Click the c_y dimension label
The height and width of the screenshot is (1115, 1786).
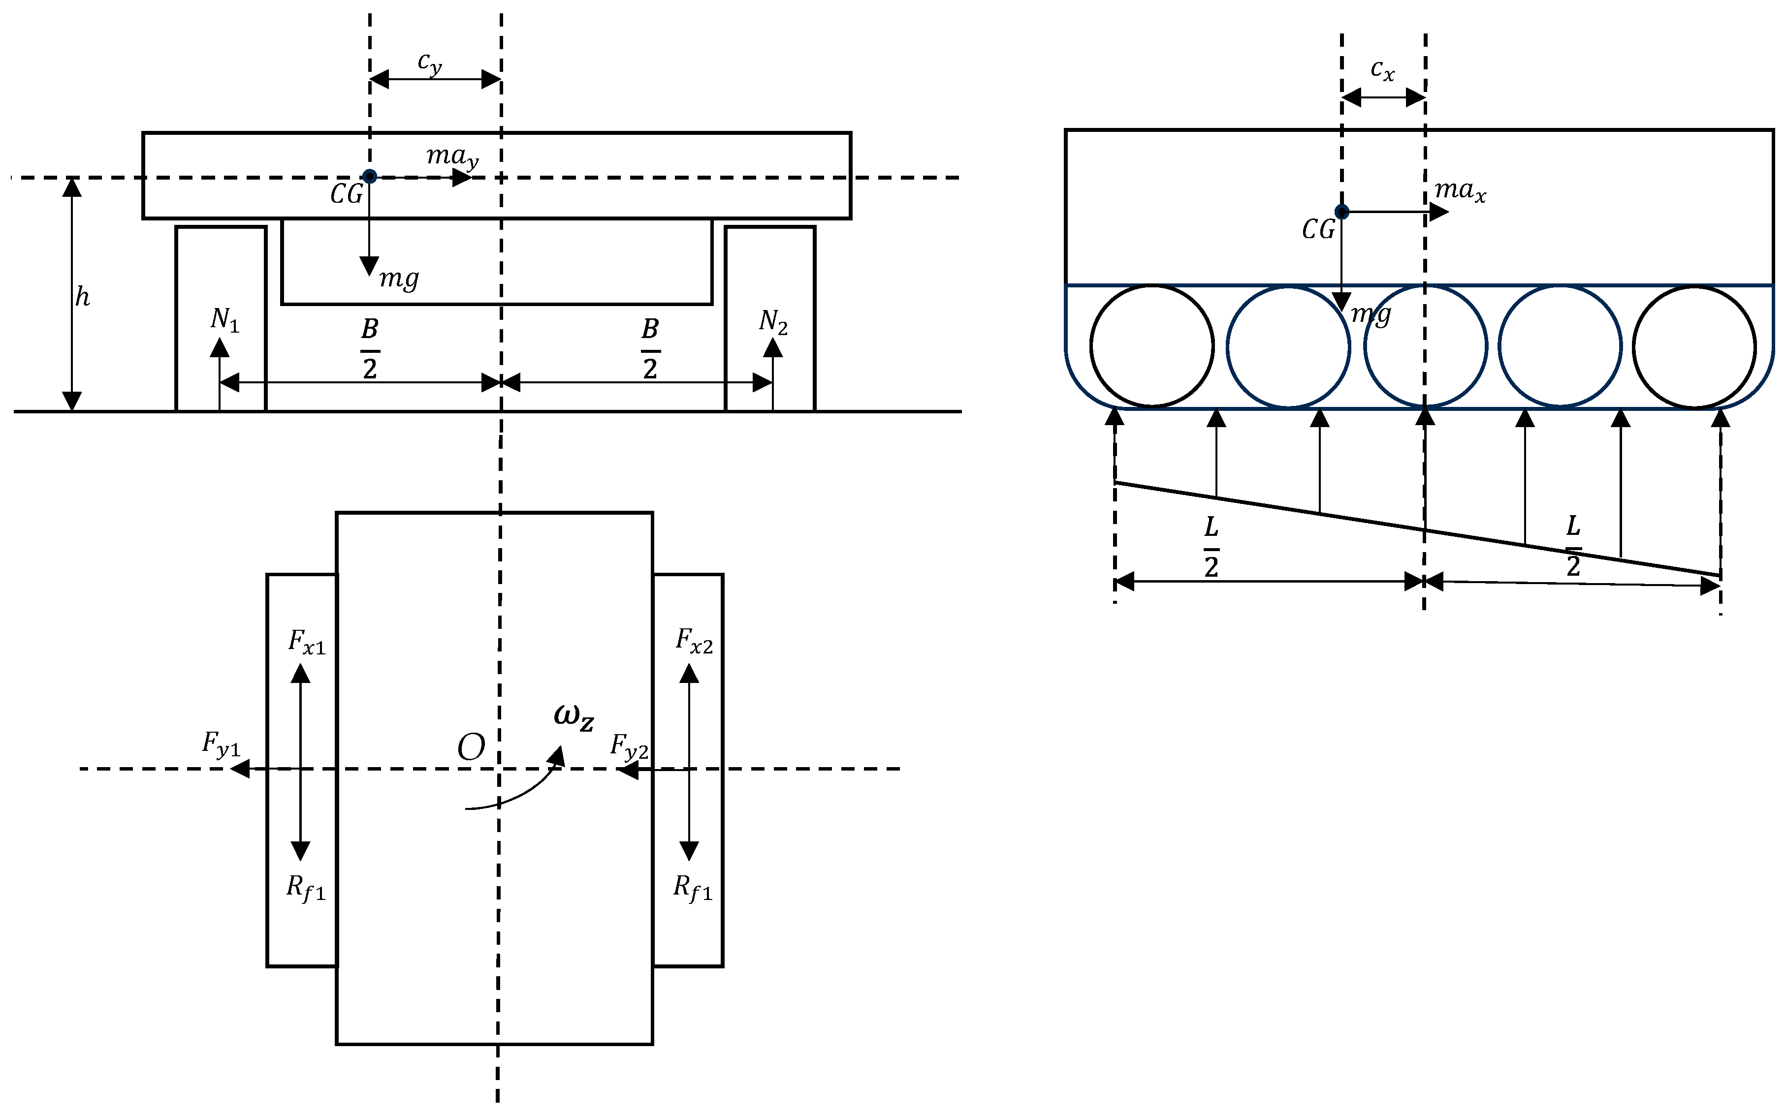[429, 64]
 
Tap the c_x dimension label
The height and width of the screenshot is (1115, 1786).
[1382, 70]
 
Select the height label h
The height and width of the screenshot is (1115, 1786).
[82, 296]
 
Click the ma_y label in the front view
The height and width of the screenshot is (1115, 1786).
[452, 156]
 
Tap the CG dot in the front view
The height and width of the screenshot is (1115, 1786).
[370, 176]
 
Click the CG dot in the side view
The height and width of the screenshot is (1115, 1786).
[1342, 212]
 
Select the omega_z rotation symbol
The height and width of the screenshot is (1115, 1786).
[574, 717]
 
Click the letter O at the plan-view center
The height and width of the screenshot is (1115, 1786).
[471, 748]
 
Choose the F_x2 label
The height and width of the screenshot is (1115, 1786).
[694, 640]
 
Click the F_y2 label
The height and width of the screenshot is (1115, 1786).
[629, 747]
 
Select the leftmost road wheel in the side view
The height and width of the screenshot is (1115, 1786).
[1151, 346]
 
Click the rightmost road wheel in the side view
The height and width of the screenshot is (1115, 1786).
[1694, 346]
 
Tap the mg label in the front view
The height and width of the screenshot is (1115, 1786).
[399, 279]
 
